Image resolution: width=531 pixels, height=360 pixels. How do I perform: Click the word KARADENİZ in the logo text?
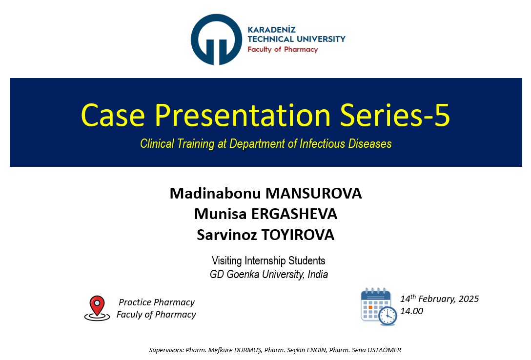pyautogui.click(x=271, y=29)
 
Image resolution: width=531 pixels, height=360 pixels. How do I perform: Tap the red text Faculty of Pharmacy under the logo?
pyautogui.click(x=283, y=49)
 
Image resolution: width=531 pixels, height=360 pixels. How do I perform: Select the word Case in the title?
pyautogui.click(x=113, y=115)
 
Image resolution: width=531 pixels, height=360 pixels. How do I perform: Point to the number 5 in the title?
pyautogui.click(x=442, y=115)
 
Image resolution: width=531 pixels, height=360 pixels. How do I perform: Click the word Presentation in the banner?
pyautogui.click(x=243, y=115)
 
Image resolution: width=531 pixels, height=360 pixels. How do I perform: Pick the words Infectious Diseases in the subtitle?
pyautogui.click(x=346, y=144)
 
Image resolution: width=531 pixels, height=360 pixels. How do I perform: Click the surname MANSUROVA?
pyautogui.click(x=314, y=194)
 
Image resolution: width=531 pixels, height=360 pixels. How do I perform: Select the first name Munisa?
pyautogui.click(x=221, y=214)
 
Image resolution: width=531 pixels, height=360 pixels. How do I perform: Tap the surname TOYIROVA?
pyautogui.click(x=297, y=235)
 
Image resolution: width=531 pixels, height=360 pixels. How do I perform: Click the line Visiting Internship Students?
pyautogui.click(x=268, y=260)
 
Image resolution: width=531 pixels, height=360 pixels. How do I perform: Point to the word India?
pyautogui.click(x=318, y=274)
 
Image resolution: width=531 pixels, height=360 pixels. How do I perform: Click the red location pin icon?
pyautogui.click(x=97, y=308)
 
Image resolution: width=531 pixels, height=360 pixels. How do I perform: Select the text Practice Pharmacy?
pyautogui.click(x=157, y=302)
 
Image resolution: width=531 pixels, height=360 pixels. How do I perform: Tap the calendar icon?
pyautogui.click(x=379, y=306)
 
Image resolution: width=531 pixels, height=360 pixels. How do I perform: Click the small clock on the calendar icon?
pyautogui.click(x=388, y=316)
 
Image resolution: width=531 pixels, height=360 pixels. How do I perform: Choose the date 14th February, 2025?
pyautogui.click(x=440, y=299)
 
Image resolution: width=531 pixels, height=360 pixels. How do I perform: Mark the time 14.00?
pyautogui.click(x=411, y=311)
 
